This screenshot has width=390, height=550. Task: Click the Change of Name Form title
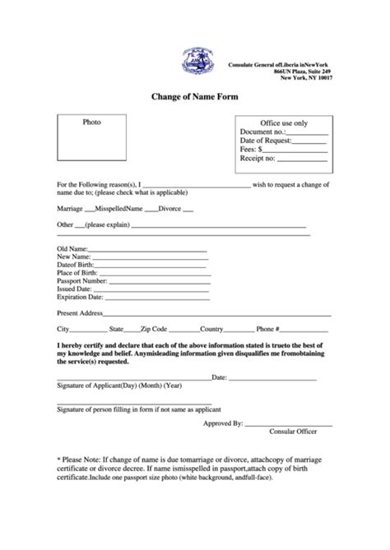point(193,96)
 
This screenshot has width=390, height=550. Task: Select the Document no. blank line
point(308,132)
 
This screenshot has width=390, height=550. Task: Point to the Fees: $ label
point(252,150)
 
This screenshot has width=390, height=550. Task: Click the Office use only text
point(283,122)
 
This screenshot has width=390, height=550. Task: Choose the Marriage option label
point(70,209)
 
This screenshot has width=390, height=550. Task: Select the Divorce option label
point(169,209)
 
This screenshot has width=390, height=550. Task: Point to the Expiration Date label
point(80,298)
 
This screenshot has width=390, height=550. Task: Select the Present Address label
point(79,313)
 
